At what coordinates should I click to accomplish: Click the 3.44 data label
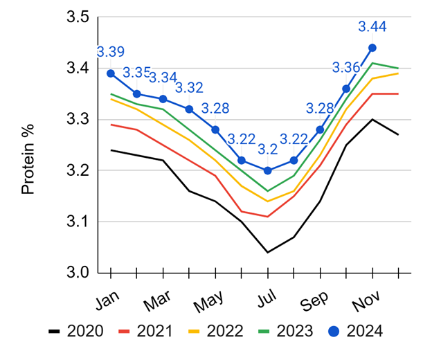372,27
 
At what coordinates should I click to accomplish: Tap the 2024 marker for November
372,48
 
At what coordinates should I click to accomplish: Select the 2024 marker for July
267,170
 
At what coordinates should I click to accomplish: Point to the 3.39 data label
111,53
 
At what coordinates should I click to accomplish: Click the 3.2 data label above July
267,150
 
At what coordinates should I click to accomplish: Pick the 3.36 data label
346,68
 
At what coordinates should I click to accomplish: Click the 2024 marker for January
111,73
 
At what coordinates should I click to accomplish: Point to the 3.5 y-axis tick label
83,17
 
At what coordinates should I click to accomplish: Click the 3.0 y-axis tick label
83,273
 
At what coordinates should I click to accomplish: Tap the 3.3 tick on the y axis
83,120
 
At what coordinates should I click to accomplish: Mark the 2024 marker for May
215,129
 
